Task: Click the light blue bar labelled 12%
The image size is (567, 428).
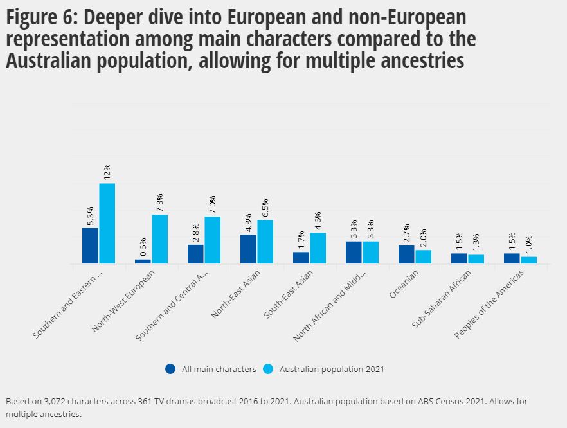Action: pos(107,224)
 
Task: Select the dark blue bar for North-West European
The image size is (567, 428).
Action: pos(143,262)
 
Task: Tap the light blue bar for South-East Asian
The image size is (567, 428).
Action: pos(318,248)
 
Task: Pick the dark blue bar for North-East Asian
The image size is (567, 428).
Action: pos(248,249)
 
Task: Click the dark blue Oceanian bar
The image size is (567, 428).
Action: pos(406,254)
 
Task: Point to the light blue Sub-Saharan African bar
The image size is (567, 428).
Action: pos(476,259)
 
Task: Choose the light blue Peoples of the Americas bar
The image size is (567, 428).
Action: pos(528,260)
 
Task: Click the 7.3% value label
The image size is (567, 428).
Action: pos(159,203)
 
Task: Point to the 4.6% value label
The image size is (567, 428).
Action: pos(318,221)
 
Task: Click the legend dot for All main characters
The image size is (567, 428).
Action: pos(170,369)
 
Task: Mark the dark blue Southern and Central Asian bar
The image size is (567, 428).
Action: pos(195,254)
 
